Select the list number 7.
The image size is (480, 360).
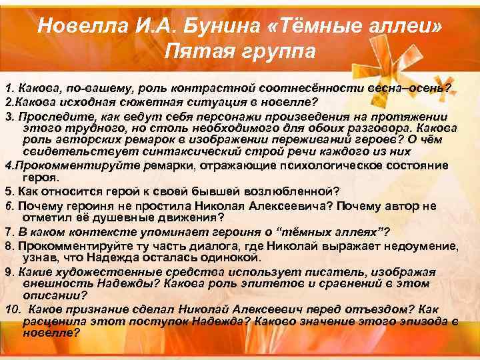[7, 231]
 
